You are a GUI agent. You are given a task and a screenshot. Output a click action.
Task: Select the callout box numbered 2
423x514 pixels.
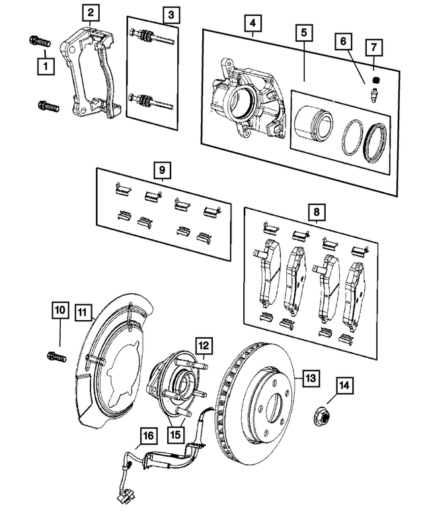coord(91,12)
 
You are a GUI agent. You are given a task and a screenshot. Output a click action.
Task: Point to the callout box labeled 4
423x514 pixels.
coord(251,25)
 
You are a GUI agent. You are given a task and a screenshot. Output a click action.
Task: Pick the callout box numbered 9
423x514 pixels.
coord(161,171)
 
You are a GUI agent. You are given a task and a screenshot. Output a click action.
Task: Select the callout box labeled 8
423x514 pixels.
coord(317,212)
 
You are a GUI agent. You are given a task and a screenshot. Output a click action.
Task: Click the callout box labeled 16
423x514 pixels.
coord(149,436)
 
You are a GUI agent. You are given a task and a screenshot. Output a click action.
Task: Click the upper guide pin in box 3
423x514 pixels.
coord(152,36)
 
